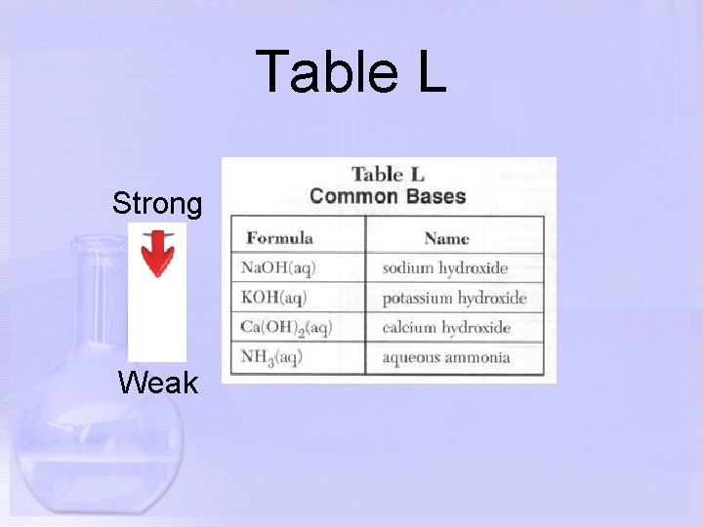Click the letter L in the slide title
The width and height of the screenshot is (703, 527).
430,72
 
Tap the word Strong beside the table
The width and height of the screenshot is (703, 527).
157,204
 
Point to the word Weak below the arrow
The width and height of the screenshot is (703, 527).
157,383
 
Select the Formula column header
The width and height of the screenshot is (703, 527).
279,237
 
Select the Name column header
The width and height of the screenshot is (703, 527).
446,237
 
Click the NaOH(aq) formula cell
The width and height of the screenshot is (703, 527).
279,267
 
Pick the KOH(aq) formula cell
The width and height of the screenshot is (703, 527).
277,297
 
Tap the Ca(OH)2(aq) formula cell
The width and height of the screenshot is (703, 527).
287,327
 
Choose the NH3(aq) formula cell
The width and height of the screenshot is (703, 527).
272,357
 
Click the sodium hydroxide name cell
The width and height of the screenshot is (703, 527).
445,267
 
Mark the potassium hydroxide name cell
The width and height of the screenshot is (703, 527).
454,297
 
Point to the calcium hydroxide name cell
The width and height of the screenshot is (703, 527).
446,327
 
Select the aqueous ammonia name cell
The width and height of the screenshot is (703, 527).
446,357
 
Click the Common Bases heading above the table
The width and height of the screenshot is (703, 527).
388,195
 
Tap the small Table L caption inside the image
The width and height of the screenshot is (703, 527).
388,175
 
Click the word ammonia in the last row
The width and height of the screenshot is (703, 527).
478,357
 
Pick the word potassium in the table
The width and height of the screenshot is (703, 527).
418,298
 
